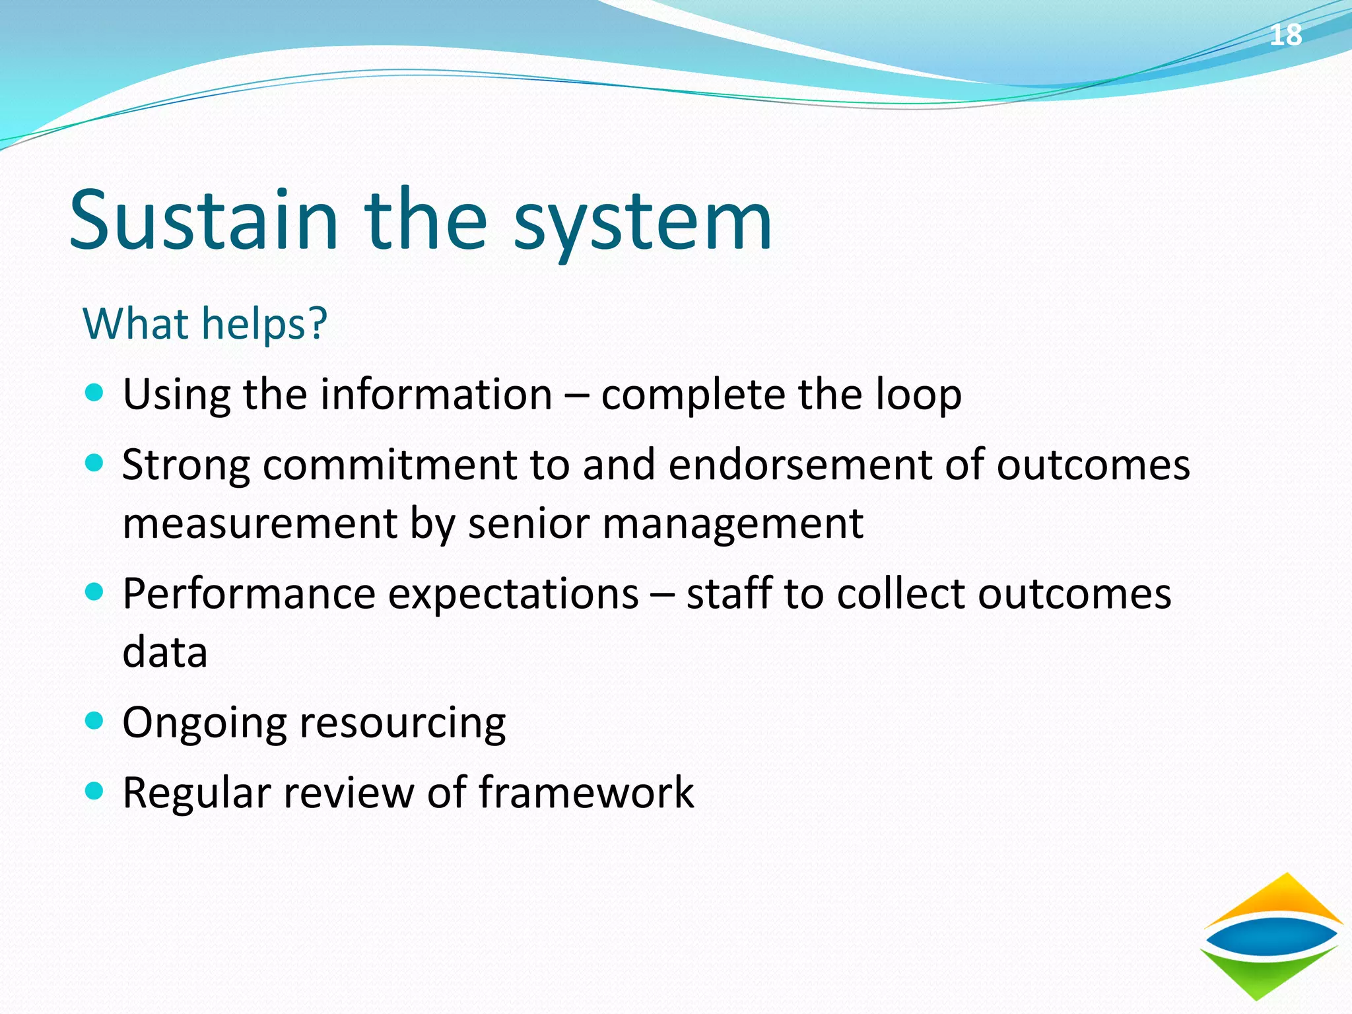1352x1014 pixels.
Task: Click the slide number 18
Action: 1285,35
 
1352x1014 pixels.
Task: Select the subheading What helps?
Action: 205,323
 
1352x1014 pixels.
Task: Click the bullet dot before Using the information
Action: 95,393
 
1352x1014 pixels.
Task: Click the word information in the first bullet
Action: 430,395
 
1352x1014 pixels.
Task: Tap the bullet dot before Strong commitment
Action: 95,463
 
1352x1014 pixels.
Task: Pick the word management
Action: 732,524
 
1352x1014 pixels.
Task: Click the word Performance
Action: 248,594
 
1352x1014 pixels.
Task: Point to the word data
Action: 165,652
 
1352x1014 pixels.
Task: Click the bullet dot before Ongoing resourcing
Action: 95,721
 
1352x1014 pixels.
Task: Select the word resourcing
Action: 403,724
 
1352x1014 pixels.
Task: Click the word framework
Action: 586,792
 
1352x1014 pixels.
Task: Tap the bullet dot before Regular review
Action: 95,791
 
